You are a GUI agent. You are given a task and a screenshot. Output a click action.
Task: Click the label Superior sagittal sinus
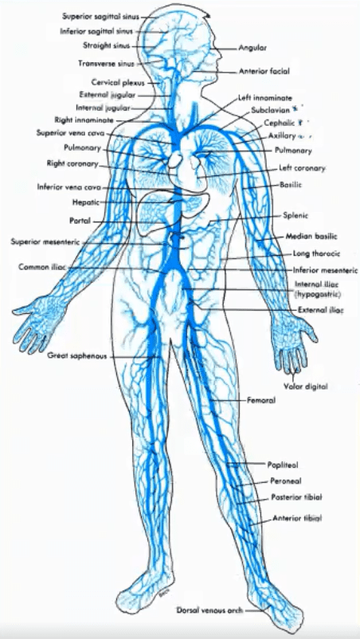pyautogui.click(x=101, y=17)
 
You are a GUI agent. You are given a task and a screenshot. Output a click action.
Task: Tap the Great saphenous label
pyautogui.click(x=77, y=356)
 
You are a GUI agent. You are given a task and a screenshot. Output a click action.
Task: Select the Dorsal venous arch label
pyautogui.click(x=209, y=610)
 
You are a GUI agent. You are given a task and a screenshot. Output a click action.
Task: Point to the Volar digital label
pyautogui.click(x=305, y=386)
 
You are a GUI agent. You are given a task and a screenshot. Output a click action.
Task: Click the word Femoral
pyautogui.click(x=261, y=401)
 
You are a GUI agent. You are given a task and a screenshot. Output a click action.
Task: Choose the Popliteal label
pyautogui.click(x=283, y=465)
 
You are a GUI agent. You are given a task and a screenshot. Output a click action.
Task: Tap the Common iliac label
pyautogui.click(x=43, y=268)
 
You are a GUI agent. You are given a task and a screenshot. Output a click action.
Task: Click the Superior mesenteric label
pyautogui.click(x=47, y=241)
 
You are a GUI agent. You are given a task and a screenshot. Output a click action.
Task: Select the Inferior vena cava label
pyautogui.click(x=69, y=188)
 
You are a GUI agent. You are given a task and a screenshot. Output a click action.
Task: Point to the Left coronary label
pyautogui.click(x=302, y=168)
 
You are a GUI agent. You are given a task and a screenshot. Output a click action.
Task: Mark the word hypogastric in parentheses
pyautogui.click(x=318, y=294)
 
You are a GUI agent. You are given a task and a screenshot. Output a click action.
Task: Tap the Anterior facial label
pyautogui.click(x=264, y=72)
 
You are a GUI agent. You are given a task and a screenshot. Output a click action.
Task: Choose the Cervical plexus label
pyautogui.click(x=118, y=82)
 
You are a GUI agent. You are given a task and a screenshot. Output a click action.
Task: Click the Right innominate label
pyautogui.click(x=84, y=120)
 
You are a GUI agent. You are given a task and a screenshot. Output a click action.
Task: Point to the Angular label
pyautogui.click(x=252, y=48)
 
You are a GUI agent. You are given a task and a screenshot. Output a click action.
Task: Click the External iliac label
pyautogui.click(x=321, y=310)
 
